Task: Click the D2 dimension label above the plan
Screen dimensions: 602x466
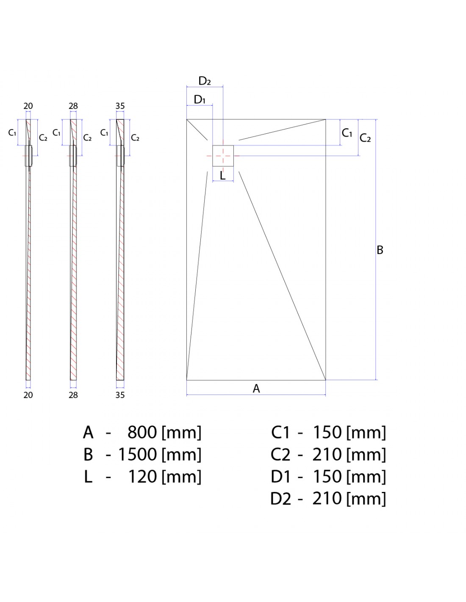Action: click(205, 81)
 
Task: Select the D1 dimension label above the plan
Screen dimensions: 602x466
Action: click(200, 99)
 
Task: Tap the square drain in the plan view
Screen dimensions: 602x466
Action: click(223, 156)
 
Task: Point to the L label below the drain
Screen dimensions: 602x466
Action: click(222, 175)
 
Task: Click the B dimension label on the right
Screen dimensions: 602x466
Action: click(380, 250)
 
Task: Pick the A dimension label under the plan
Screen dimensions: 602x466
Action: click(256, 389)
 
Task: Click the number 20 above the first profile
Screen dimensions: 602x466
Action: click(28, 106)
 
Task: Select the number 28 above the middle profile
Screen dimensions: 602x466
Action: click(73, 106)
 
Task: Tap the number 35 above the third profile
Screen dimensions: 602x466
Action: click(120, 106)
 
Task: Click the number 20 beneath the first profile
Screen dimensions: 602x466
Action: click(28, 395)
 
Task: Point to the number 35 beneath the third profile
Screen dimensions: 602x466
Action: click(120, 395)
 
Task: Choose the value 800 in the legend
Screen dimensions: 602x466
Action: click(142, 433)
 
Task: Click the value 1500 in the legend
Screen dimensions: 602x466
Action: click(138, 455)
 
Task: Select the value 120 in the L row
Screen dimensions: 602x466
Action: click(143, 477)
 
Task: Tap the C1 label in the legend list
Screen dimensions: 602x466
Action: click(281, 433)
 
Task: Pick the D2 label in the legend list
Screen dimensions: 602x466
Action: click(281, 499)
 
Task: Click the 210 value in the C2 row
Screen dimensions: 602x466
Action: click(327, 455)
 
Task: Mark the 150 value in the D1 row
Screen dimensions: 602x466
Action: click(327, 477)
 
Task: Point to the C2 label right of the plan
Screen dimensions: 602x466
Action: click(365, 138)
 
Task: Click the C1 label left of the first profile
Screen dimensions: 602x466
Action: click(12, 133)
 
